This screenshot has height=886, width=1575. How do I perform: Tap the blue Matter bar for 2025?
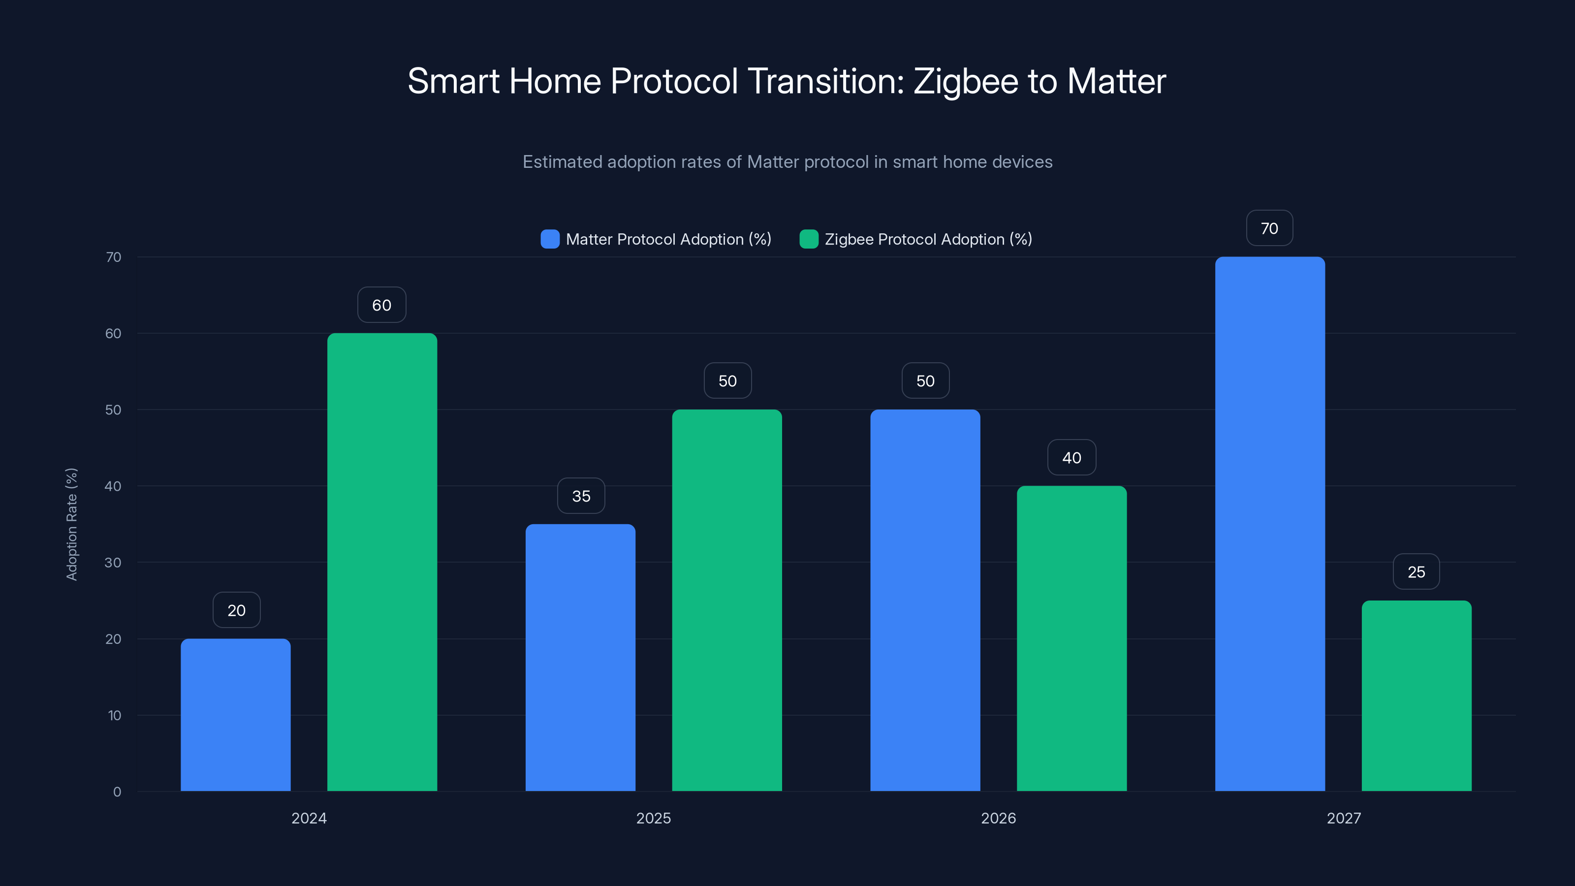(x=580, y=657)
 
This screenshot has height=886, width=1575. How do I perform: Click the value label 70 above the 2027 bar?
(x=1269, y=228)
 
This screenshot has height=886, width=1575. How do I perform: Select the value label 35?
(x=581, y=496)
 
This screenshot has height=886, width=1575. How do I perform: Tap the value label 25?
(x=1416, y=571)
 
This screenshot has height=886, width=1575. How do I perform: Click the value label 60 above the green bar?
(x=381, y=305)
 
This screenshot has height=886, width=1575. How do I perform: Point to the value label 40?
(x=1071, y=457)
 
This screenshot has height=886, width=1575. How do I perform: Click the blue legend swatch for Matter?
(x=550, y=239)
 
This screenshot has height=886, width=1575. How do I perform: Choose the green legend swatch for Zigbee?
(x=809, y=239)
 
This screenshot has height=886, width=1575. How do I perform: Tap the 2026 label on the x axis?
(x=998, y=818)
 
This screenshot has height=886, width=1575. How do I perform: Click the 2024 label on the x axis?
(x=309, y=818)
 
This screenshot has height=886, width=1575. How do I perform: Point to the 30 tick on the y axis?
(x=113, y=563)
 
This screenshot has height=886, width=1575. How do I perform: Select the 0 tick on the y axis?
(x=117, y=792)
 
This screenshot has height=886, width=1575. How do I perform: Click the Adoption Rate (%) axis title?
(x=71, y=524)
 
